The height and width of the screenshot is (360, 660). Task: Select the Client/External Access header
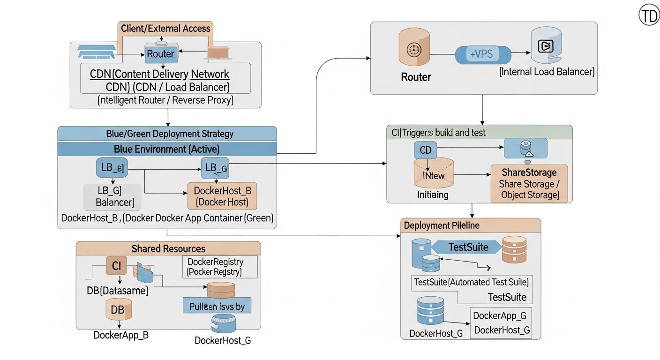click(165, 29)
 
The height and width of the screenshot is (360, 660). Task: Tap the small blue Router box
click(160, 54)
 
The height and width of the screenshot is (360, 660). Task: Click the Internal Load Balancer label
click(547, 72)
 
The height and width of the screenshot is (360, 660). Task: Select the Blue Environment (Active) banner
click(167, 149)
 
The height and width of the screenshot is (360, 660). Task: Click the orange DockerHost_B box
click(222, 196)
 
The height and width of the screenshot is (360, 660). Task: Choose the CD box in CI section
click(426, 150)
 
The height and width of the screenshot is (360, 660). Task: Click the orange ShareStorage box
click(529, 184)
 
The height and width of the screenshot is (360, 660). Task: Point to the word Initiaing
click(432, 195)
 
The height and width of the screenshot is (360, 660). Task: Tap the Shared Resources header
click(168, 248)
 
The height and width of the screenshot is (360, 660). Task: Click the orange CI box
click(116, 266)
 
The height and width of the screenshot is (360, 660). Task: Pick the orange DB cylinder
click(118, 310)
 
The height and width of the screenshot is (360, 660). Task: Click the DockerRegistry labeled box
click(219, 267)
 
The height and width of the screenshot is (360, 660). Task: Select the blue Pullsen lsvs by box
click(217, 306)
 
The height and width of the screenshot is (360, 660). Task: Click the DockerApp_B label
click(121, 336)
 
